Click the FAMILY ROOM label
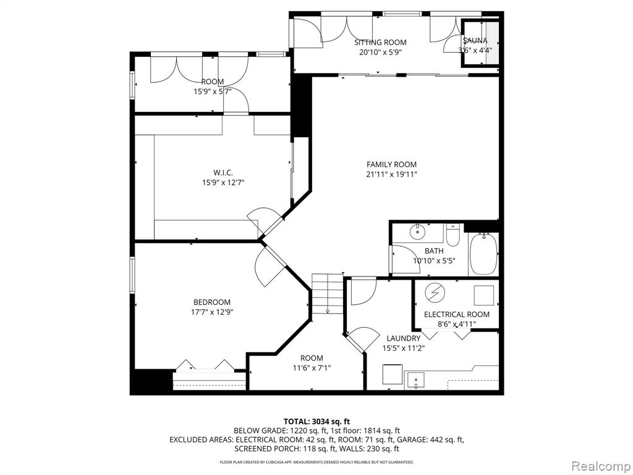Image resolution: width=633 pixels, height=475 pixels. click(391, 165)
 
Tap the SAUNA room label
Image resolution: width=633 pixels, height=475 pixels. click(475, 40)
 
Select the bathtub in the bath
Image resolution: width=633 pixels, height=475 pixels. click(483, 254)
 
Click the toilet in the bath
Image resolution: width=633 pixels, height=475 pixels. click(453, 236)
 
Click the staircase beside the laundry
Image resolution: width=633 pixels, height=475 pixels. click(327, 294)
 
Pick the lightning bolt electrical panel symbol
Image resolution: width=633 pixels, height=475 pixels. click(435, 293)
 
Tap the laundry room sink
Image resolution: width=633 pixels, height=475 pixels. click(415, 381)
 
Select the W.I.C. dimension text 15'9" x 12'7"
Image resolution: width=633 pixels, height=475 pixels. click(223, 182)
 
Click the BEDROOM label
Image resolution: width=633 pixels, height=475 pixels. click(212, 302)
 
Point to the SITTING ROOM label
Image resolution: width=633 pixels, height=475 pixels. click(380, 43)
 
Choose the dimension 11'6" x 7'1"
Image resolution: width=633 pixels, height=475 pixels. click(312, 368)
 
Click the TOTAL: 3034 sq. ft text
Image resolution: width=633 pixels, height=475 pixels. click(316, 422)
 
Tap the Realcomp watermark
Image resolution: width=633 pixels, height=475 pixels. click(600, 466)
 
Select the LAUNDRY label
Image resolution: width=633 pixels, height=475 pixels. click(403, 338)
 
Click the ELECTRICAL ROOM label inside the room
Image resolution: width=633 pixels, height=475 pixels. click(457, 314)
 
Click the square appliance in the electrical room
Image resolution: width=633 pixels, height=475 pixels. click(483, 295)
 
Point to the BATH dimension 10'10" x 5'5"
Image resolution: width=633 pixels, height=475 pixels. click(434, 261)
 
